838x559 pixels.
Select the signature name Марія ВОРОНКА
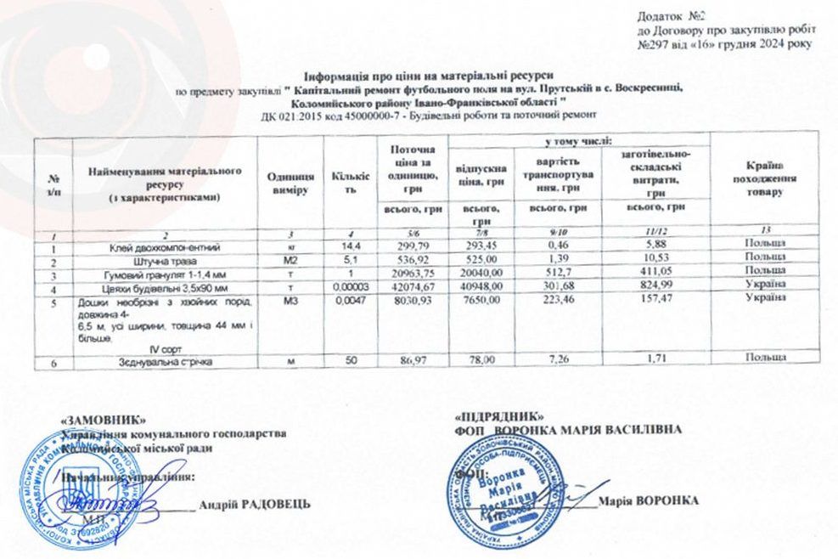pos(648,500)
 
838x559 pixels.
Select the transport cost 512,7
pos(568,274)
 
